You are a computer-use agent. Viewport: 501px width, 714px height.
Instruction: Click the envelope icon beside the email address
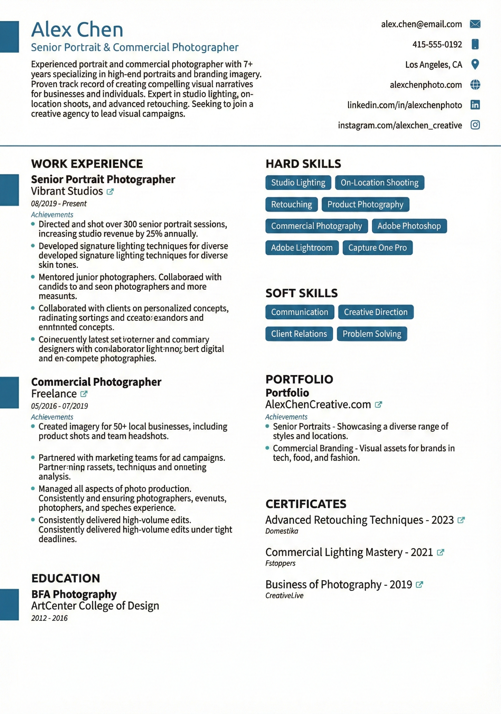(475, 24)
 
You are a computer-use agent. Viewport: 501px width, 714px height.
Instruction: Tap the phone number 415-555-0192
(437, 44)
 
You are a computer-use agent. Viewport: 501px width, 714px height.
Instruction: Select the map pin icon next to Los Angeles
(475, 64)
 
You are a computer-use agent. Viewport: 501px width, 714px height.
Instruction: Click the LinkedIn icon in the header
(475, 105)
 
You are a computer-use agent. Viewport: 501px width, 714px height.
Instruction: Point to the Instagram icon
(475, 125)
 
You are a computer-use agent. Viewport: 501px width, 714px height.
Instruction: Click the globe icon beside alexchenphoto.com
(475, 85)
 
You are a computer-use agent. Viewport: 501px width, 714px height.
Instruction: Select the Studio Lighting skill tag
(298, 183)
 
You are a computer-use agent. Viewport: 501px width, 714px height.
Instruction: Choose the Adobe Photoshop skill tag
(409, 226)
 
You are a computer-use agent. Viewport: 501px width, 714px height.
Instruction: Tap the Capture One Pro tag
(377, 248)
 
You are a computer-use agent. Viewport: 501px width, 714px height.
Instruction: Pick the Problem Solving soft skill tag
(372, 334)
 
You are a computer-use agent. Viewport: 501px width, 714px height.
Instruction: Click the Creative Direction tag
(375, 312)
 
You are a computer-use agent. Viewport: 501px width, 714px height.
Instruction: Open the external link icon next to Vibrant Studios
(110, 192)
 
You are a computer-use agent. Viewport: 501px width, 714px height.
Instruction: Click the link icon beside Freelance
(84, 394)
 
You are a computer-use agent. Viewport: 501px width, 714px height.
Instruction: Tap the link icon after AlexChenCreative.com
(378, 405)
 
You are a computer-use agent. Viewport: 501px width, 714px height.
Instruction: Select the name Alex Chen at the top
(77, 30)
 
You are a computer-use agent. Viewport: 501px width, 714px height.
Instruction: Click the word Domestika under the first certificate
(282, 531)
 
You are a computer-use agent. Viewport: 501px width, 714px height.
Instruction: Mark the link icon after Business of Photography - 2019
(420, 585)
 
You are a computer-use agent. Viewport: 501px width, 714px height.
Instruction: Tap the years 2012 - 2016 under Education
(49, 618)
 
